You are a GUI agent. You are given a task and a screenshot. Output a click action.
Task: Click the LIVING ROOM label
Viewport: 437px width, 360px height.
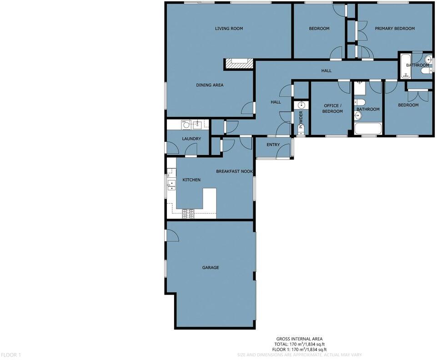[x=229, y=29]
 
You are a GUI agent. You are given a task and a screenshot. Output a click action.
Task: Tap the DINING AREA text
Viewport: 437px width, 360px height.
[x=210, y=85]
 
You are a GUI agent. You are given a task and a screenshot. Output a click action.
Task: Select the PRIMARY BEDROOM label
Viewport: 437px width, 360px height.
[x=394, y=29]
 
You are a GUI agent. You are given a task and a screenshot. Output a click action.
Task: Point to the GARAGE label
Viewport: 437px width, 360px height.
[x=210, y=268]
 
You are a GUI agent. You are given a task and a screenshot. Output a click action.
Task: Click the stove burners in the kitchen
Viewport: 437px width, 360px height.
[x=188, y=212]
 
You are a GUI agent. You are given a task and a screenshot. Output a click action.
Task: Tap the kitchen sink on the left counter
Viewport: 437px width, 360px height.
[x=171, y=184]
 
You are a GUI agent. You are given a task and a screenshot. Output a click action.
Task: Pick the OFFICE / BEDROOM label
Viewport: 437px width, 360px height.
[x=332, y=108]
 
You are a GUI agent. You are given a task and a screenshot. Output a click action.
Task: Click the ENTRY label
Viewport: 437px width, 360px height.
[x=273, y=145]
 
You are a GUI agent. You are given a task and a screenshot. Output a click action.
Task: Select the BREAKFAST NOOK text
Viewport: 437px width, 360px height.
[x=234, y=171]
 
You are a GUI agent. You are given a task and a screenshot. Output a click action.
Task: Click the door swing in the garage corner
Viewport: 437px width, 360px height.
[x=171, y=235]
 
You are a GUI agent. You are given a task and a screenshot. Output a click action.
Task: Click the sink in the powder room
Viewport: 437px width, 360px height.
[x=301, y=106]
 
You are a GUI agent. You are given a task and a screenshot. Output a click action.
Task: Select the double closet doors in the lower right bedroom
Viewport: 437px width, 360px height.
[x=417, y=96]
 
